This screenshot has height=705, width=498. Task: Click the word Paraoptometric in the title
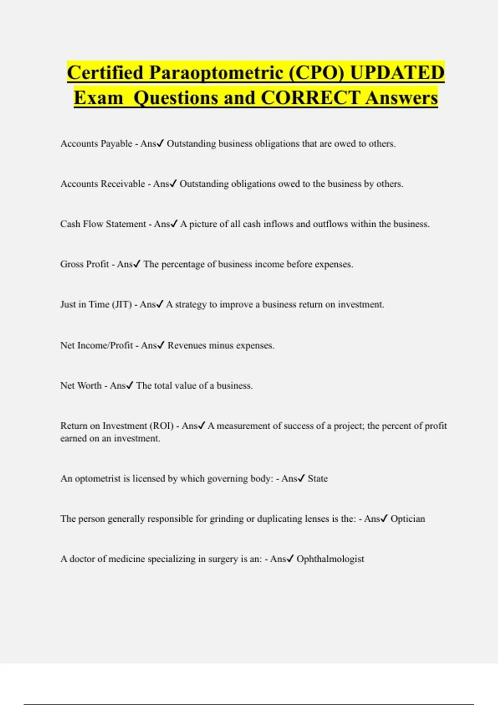pyautogui.click(x=216, y=73)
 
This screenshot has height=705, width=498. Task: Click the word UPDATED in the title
pyautogui.click(x=397, y=73)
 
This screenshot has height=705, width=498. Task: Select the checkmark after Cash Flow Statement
pyautogui.click(x=174, y=224)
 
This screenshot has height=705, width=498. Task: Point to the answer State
pyautogui.click(x=317, y=479)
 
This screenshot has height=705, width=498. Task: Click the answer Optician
pyautogui.click(x=408, y=519)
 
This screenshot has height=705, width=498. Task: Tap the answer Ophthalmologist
pyautogui.click(x=330, y=559)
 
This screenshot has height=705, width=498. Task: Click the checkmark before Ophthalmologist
pyautogui.click(x=290, y=559)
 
